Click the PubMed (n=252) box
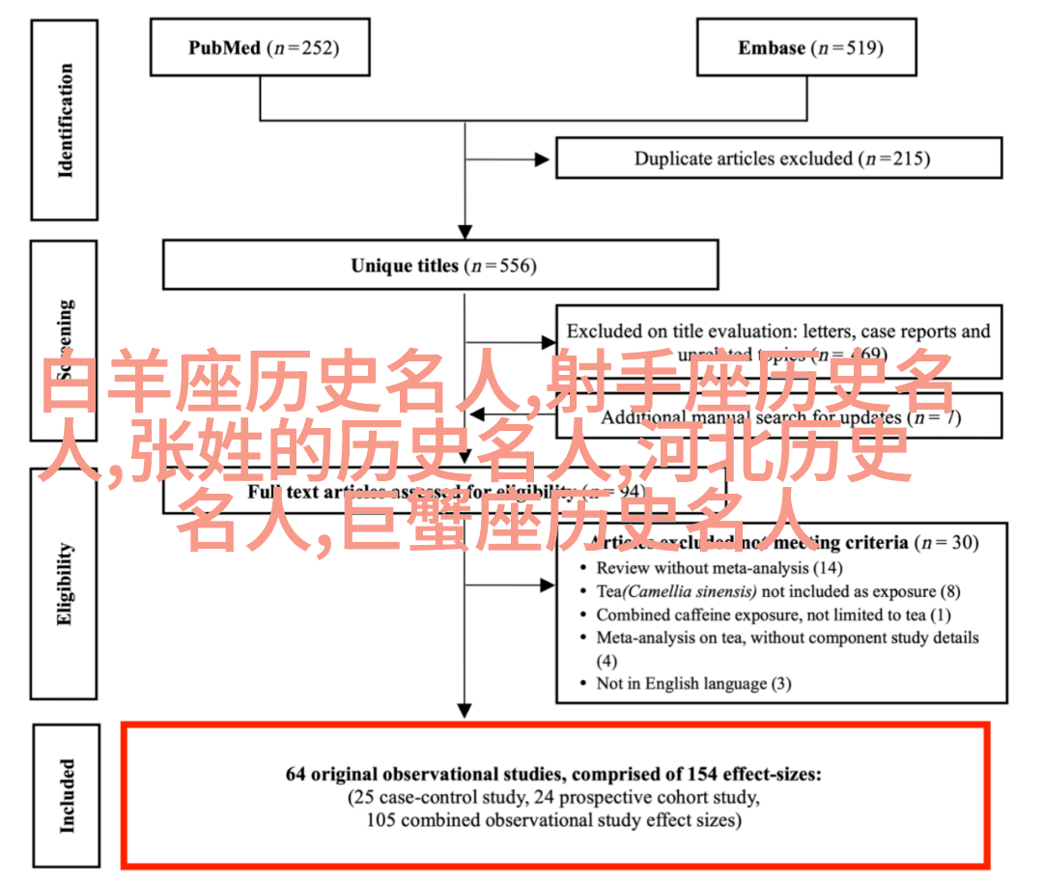pos(261,47)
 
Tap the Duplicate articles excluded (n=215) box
pos(780,158)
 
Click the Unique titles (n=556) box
pos(440,265)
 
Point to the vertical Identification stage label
pos(65,121)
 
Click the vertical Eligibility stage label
pos(65,585)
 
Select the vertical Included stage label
pos(65,795)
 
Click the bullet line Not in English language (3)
pos(692,683)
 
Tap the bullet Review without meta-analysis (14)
pos(718,568)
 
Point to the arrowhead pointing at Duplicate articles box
pos(548,158)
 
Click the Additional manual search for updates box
pos(780,417)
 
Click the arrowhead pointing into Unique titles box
pos(465,232)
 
